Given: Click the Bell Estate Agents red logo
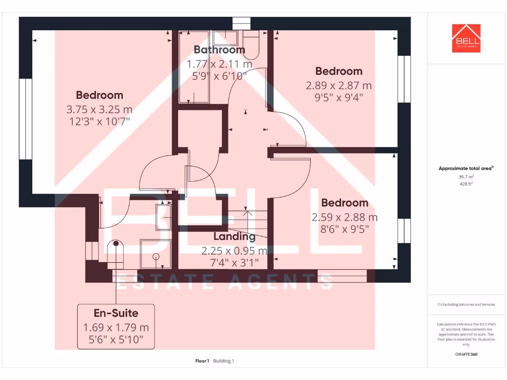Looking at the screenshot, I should coord(466,38).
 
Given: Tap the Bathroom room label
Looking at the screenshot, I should coord(219,50).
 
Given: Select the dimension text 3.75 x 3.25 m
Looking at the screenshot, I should coord(100,109).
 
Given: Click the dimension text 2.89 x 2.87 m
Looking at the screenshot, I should coord(339,86).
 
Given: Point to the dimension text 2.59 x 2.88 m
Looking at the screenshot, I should coord(345,217).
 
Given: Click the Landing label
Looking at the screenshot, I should coord(234,237).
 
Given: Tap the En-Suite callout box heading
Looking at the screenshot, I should coord(116,313).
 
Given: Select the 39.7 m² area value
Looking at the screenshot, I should coord(466,177).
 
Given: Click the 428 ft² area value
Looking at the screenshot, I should coord(466,184).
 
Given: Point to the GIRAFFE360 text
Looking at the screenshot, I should coord(466,354).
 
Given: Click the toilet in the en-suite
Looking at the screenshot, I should coord(116,253).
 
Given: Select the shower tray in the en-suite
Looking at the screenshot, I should coord(155,254).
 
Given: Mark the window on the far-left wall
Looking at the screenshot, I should coord(25,119).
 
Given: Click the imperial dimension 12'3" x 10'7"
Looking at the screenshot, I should coord(100,121).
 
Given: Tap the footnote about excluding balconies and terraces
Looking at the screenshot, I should coord(466,305).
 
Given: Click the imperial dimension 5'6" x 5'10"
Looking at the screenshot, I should coord(116,339).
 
